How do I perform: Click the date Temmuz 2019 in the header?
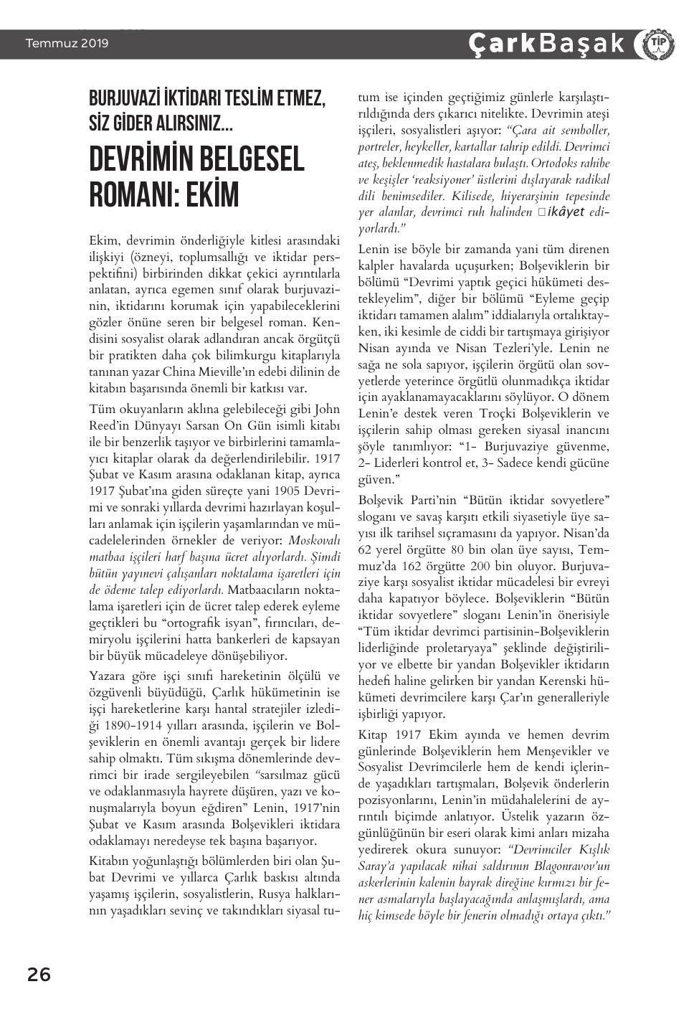(67, 44)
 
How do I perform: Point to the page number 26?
(39, 975)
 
